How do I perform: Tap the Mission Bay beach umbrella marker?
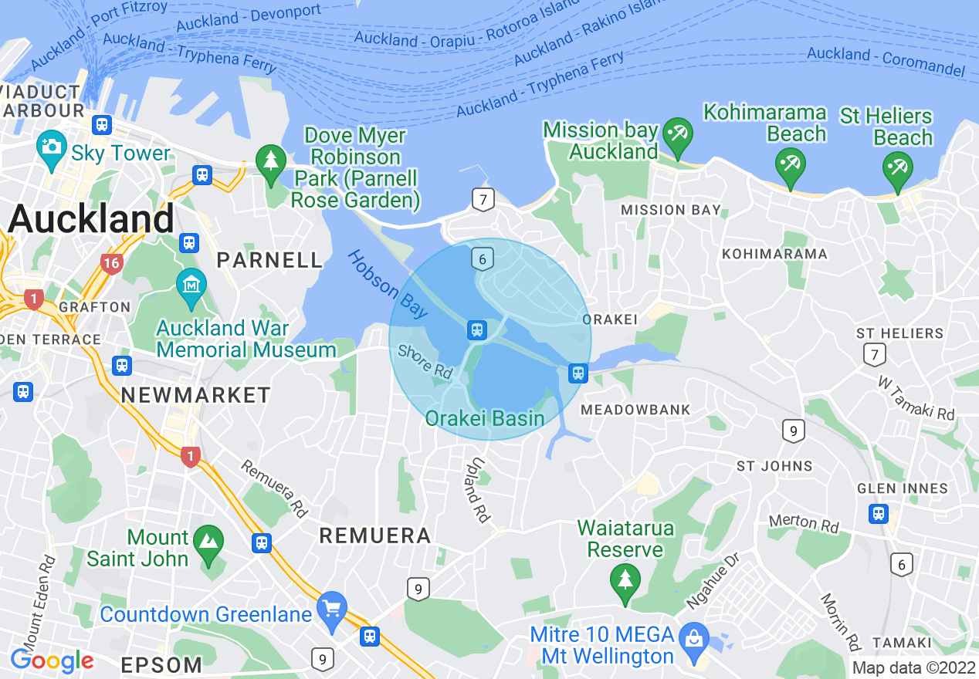click(679, 133)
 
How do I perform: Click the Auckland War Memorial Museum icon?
click(191, 283)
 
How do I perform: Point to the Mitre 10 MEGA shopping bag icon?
click(695, 637)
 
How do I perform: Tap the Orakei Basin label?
click(485, 419)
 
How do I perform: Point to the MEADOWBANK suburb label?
click(635, 410)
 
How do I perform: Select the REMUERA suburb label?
click(374, 535)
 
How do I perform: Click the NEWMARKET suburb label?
click(196, 396)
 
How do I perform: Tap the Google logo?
click(52, 660)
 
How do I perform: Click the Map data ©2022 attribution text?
click(913, 667)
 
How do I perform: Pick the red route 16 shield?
click(111, 264)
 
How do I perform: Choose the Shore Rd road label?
click(425, 361)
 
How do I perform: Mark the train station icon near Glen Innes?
click(878, 513)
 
